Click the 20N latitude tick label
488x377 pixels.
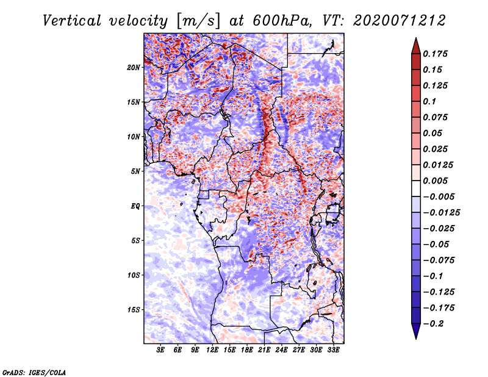(x=134, y=67)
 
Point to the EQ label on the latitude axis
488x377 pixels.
(x=135, y=206)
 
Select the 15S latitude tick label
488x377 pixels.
(x=134, y=310)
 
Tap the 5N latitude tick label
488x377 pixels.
(x=135, y=171)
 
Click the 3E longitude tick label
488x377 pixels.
(x=160, y=350)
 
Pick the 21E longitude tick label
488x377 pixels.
(x=264, y=350)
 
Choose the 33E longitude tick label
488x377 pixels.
(x=333, y=350)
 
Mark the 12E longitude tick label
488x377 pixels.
(x=212, y=350)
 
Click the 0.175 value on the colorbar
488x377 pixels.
(x=437, y=54)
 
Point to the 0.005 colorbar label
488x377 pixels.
(x=437, y=181)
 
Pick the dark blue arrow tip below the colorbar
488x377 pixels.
(x=415, y=333)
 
